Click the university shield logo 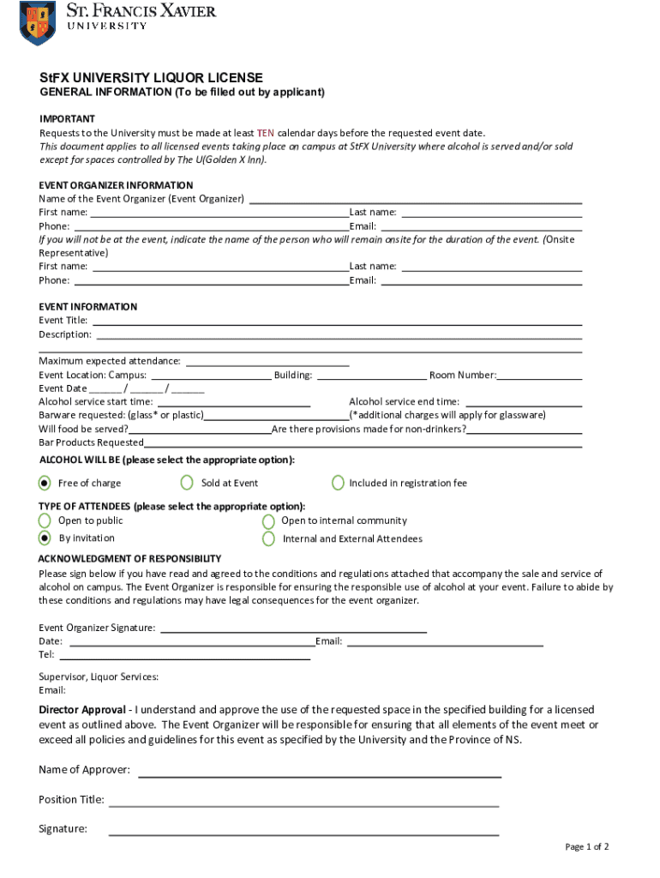[x=37, y=22]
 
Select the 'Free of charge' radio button [x=45, y=483]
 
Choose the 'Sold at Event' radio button [x=187, y=483]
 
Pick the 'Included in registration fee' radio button [x=338, y=483]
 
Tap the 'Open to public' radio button [x=45, y=520]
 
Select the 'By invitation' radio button [x=45, y=538]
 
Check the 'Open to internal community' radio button [x=268, y=520]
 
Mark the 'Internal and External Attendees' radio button [x=268, y=538]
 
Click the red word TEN [x=266, y=133]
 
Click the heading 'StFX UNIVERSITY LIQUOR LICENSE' [x=151, y=78]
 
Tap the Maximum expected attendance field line [x=267, y=361]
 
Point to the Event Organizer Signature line [x=293, y=628]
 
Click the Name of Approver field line [x=320, y=770]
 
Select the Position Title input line [x=303, y=801]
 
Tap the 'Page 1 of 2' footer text [x=586, y=847]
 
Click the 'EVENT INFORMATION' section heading [x=88, y=307]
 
